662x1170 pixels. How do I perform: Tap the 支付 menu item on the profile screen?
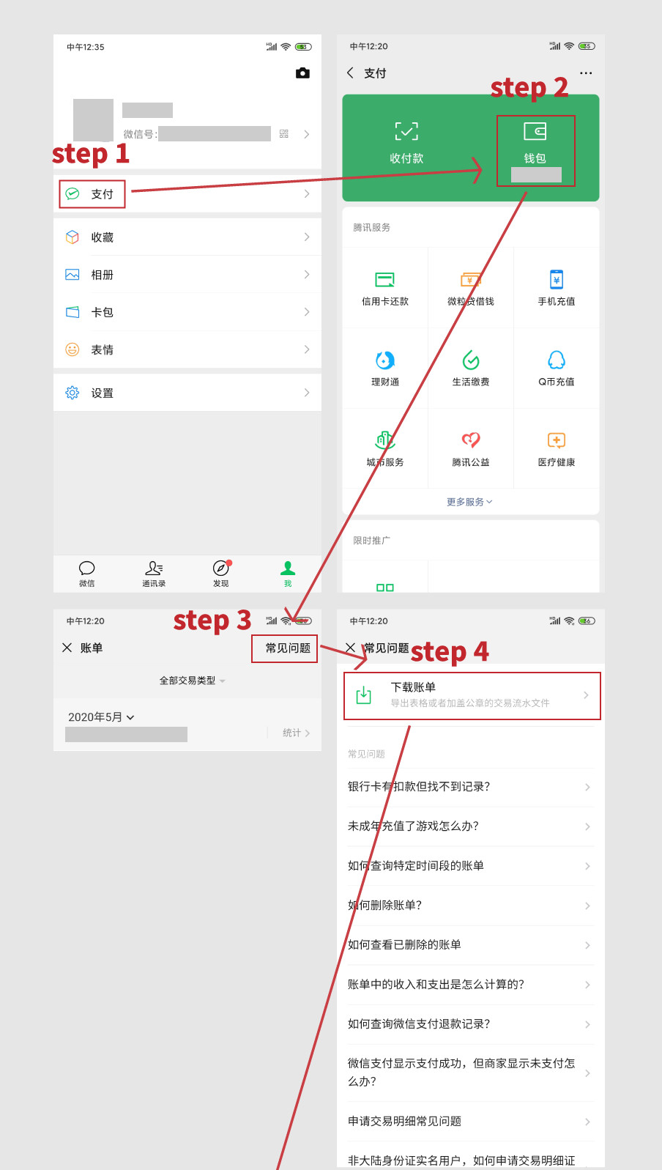coord(101,194)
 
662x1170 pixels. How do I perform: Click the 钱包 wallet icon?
coord(535,132)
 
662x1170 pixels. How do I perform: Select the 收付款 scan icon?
coord(406,132)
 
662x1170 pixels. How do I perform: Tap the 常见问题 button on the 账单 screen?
coord(287,648)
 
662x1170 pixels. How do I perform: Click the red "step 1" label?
coord(90,154)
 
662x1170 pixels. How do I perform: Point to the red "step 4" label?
coord(450,651)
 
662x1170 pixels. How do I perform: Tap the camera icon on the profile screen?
coord(302,73)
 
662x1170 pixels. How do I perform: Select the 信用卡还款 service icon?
coord(385,280)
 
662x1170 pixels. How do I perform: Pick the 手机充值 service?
coord(557,280)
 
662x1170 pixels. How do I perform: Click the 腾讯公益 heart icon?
coord(471,440)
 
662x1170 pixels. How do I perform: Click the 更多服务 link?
coord(469,502)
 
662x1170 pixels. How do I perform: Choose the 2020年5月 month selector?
coord(101,717)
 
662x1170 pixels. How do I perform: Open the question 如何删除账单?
coord(385,906)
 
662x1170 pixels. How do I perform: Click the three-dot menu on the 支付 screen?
coord(586,73)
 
